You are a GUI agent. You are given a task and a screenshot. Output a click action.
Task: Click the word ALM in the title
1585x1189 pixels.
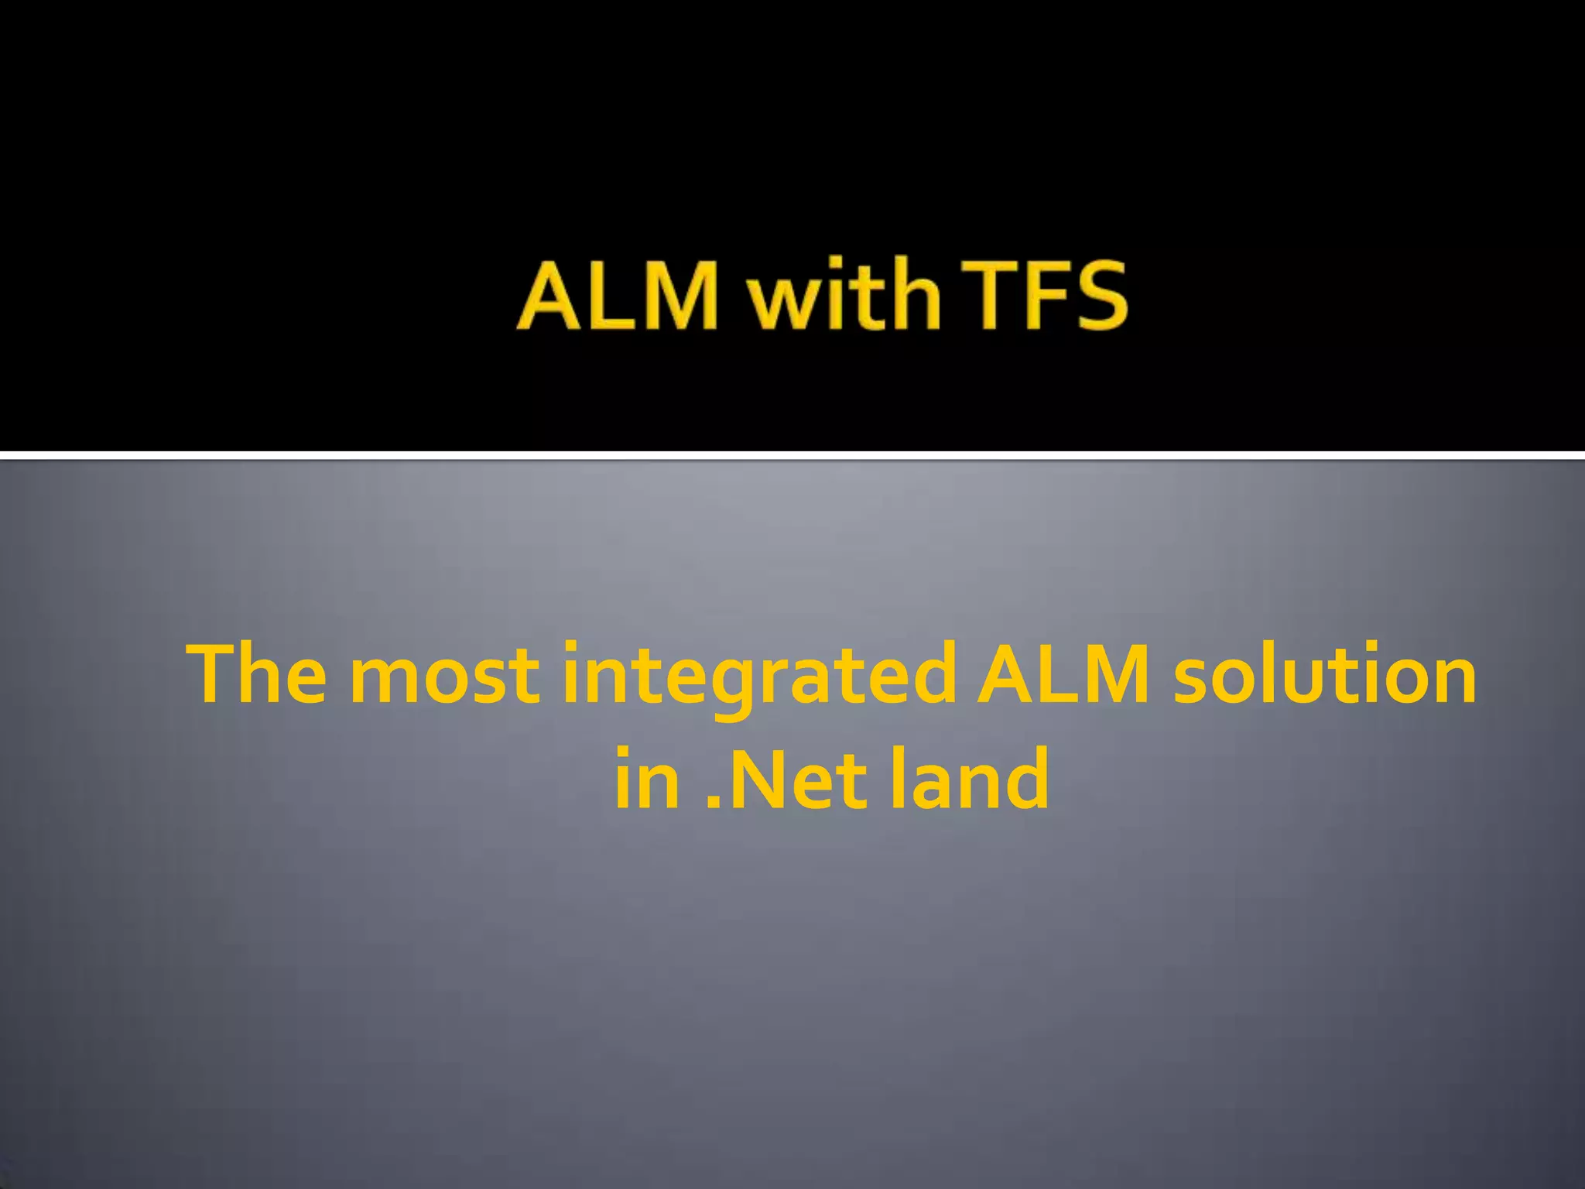pos(618,296)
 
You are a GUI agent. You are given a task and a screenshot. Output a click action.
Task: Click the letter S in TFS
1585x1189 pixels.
pos(1097,296)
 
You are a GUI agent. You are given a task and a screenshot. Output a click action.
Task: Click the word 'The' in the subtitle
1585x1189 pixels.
pos(260,674)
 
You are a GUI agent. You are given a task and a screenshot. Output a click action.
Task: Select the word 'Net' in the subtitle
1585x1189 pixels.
pos(800,779)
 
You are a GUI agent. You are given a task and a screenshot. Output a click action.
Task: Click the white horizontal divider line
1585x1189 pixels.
pos(792,455)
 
